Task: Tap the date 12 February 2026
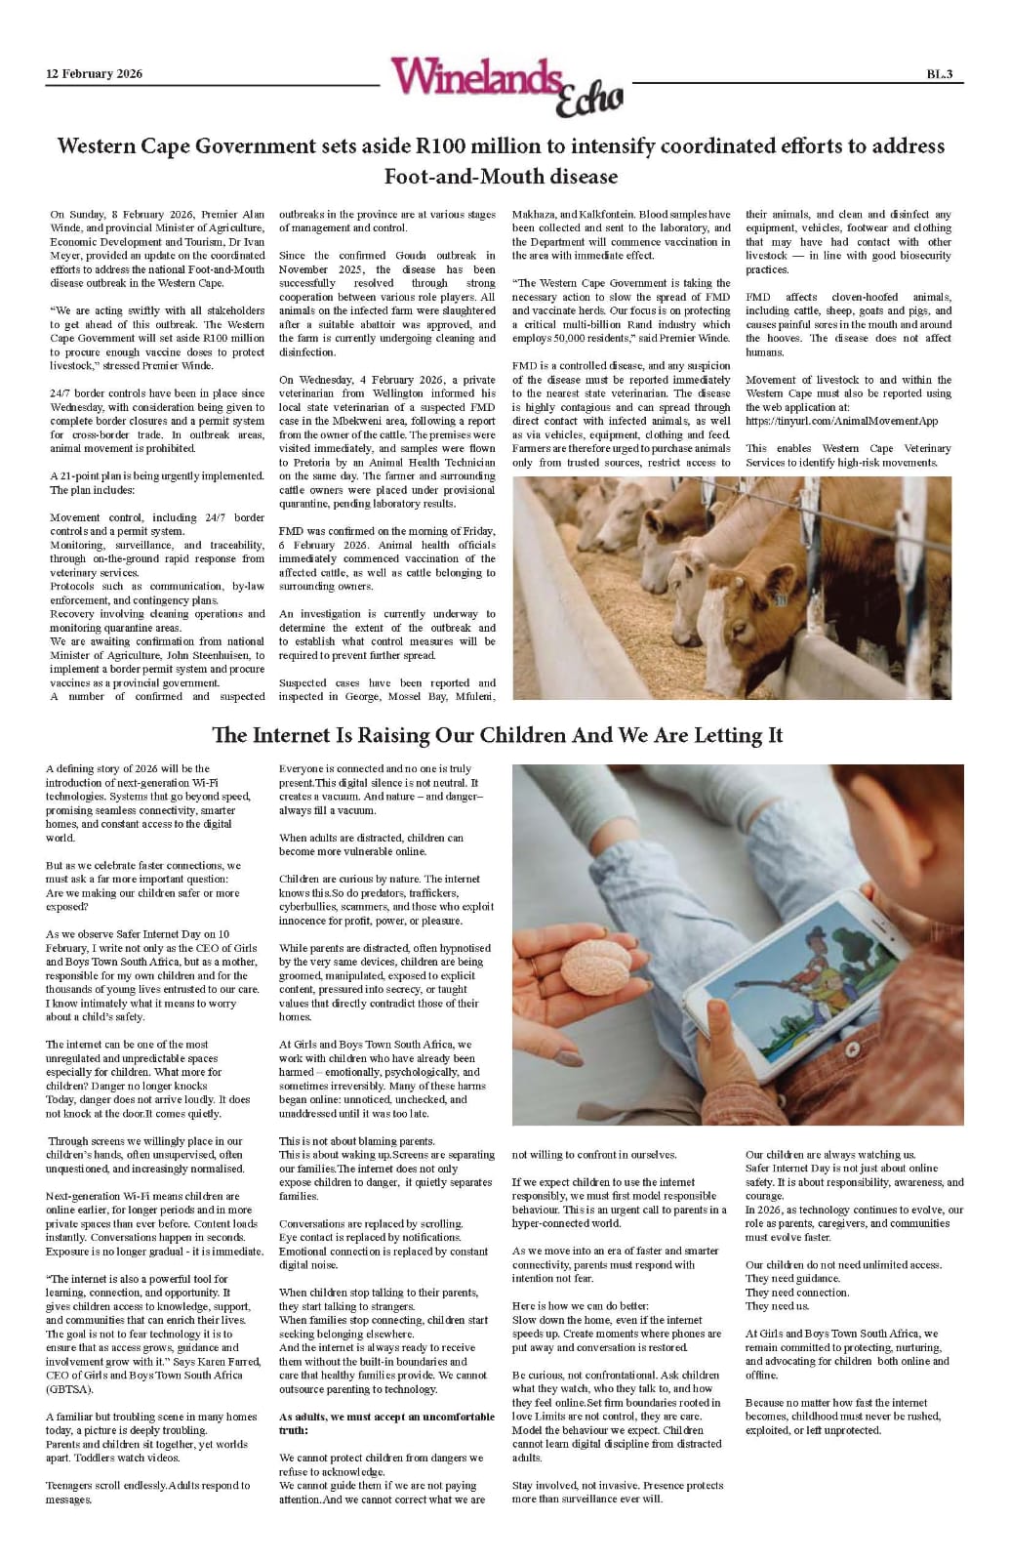[x=94, y=74]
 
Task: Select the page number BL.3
[x=939, y=74]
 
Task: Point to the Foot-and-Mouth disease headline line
[x=501, y=177]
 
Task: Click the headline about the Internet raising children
[x=498, y=735]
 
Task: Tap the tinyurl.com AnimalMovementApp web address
[x=841, y=421]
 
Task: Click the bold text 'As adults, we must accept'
[x=386, y=1417]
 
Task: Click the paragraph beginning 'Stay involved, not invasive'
[x=618, y=1492]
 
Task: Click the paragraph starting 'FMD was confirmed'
[x=386, y=558]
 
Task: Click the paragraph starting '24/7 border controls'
[x=157, y=421]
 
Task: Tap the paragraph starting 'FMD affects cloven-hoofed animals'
[x=848, y=324]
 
